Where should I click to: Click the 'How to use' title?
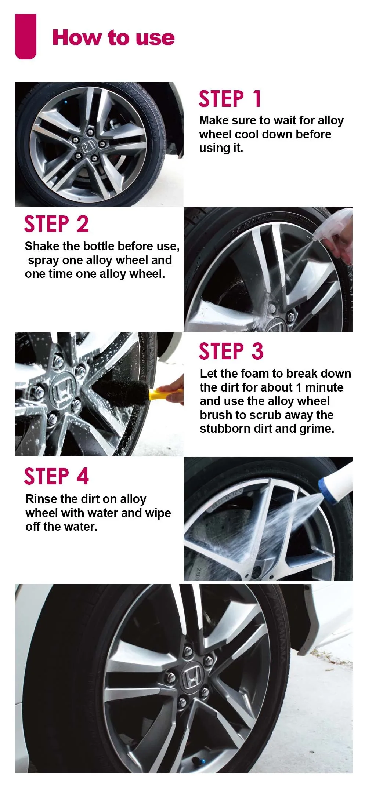(x=113, y=38)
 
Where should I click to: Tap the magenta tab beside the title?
(x=26, y=36)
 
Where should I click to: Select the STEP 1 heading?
(x=230, y=99)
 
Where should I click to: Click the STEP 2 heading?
(x=56, y=224)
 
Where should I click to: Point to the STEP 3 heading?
(x=231, y=351)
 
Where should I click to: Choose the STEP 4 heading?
(x=56, y=476)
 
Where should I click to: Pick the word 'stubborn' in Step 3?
(x=223, y=429)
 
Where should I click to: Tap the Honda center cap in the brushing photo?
(x=63, y=390)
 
